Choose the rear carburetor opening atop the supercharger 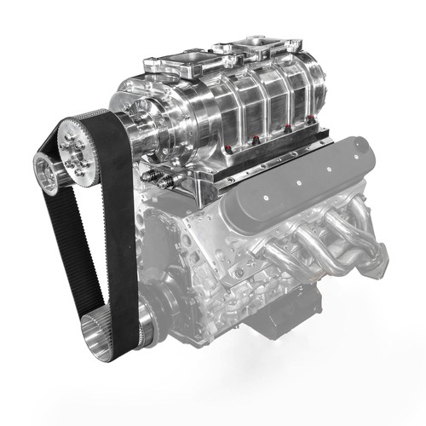pos(266,44)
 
